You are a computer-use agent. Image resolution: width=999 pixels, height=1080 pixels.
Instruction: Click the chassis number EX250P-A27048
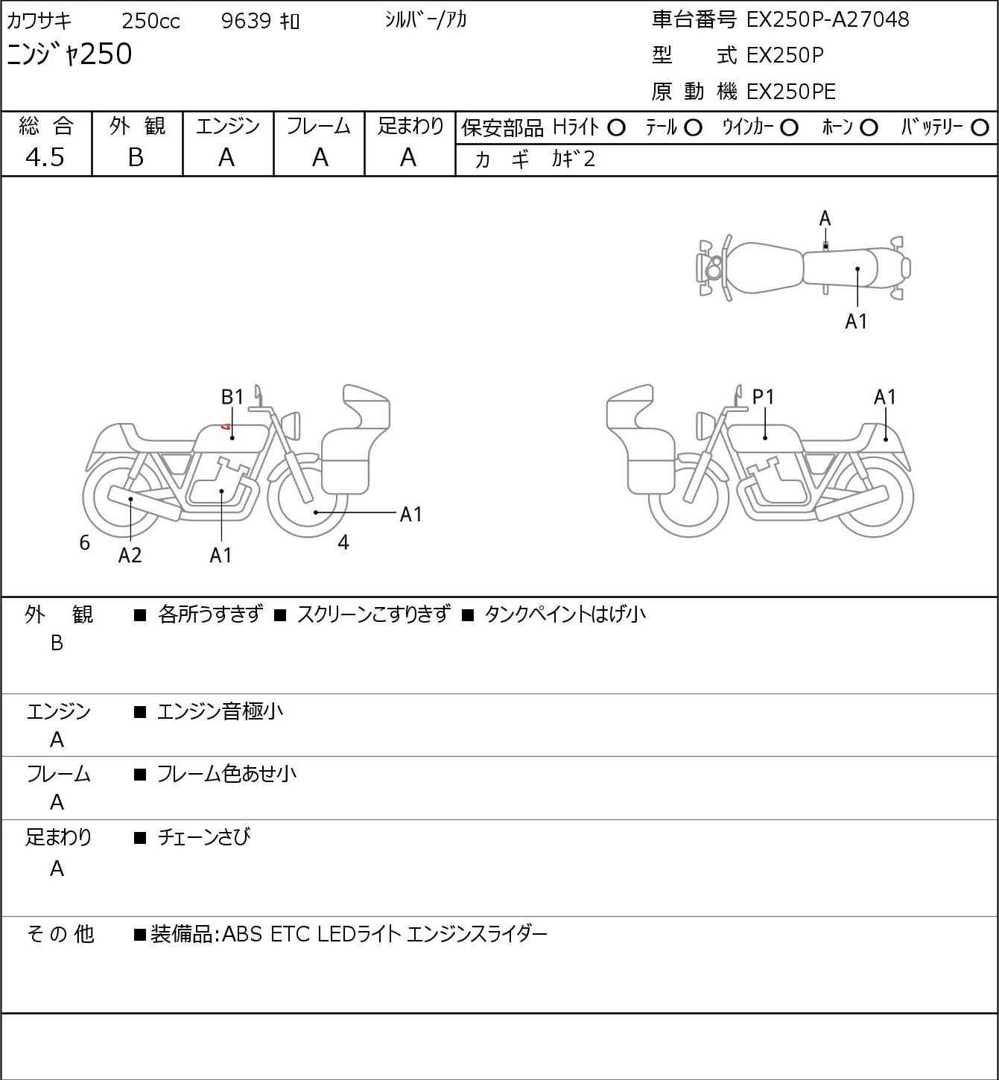point(827,19)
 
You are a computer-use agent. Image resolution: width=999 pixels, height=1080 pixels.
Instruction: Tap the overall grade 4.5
point(45,157)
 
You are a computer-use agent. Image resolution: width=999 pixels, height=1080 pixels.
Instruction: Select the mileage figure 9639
point(246,21)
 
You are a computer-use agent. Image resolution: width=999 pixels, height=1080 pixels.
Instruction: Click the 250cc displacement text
point(150,21)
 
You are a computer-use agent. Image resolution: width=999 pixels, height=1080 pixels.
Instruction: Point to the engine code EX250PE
point(790,92)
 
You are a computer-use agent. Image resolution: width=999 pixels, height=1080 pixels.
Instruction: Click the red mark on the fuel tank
point(225,427)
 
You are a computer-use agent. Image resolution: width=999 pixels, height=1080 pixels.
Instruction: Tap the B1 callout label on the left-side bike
point(232,397)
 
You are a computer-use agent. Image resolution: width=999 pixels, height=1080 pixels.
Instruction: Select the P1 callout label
point(763,397)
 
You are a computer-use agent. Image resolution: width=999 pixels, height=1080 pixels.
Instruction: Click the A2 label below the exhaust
point(130,555)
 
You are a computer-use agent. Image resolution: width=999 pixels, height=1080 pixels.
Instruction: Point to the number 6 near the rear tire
point(84,542)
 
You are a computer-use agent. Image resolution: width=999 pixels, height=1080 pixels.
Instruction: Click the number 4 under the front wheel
point(343,542)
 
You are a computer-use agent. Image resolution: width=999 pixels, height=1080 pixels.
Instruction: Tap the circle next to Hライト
point(617,128)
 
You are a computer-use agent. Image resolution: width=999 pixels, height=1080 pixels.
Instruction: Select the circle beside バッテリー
point(980,128)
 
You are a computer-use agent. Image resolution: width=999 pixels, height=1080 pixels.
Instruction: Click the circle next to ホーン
point(869,128)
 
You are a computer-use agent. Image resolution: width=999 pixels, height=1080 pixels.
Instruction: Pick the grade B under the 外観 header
point(136,157)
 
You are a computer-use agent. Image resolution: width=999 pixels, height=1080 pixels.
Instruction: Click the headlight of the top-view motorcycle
point(714,268)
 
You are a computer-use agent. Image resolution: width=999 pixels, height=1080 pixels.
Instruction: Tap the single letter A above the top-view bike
point(825,219)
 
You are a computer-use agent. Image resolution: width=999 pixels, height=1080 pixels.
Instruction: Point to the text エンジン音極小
point(220,711)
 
